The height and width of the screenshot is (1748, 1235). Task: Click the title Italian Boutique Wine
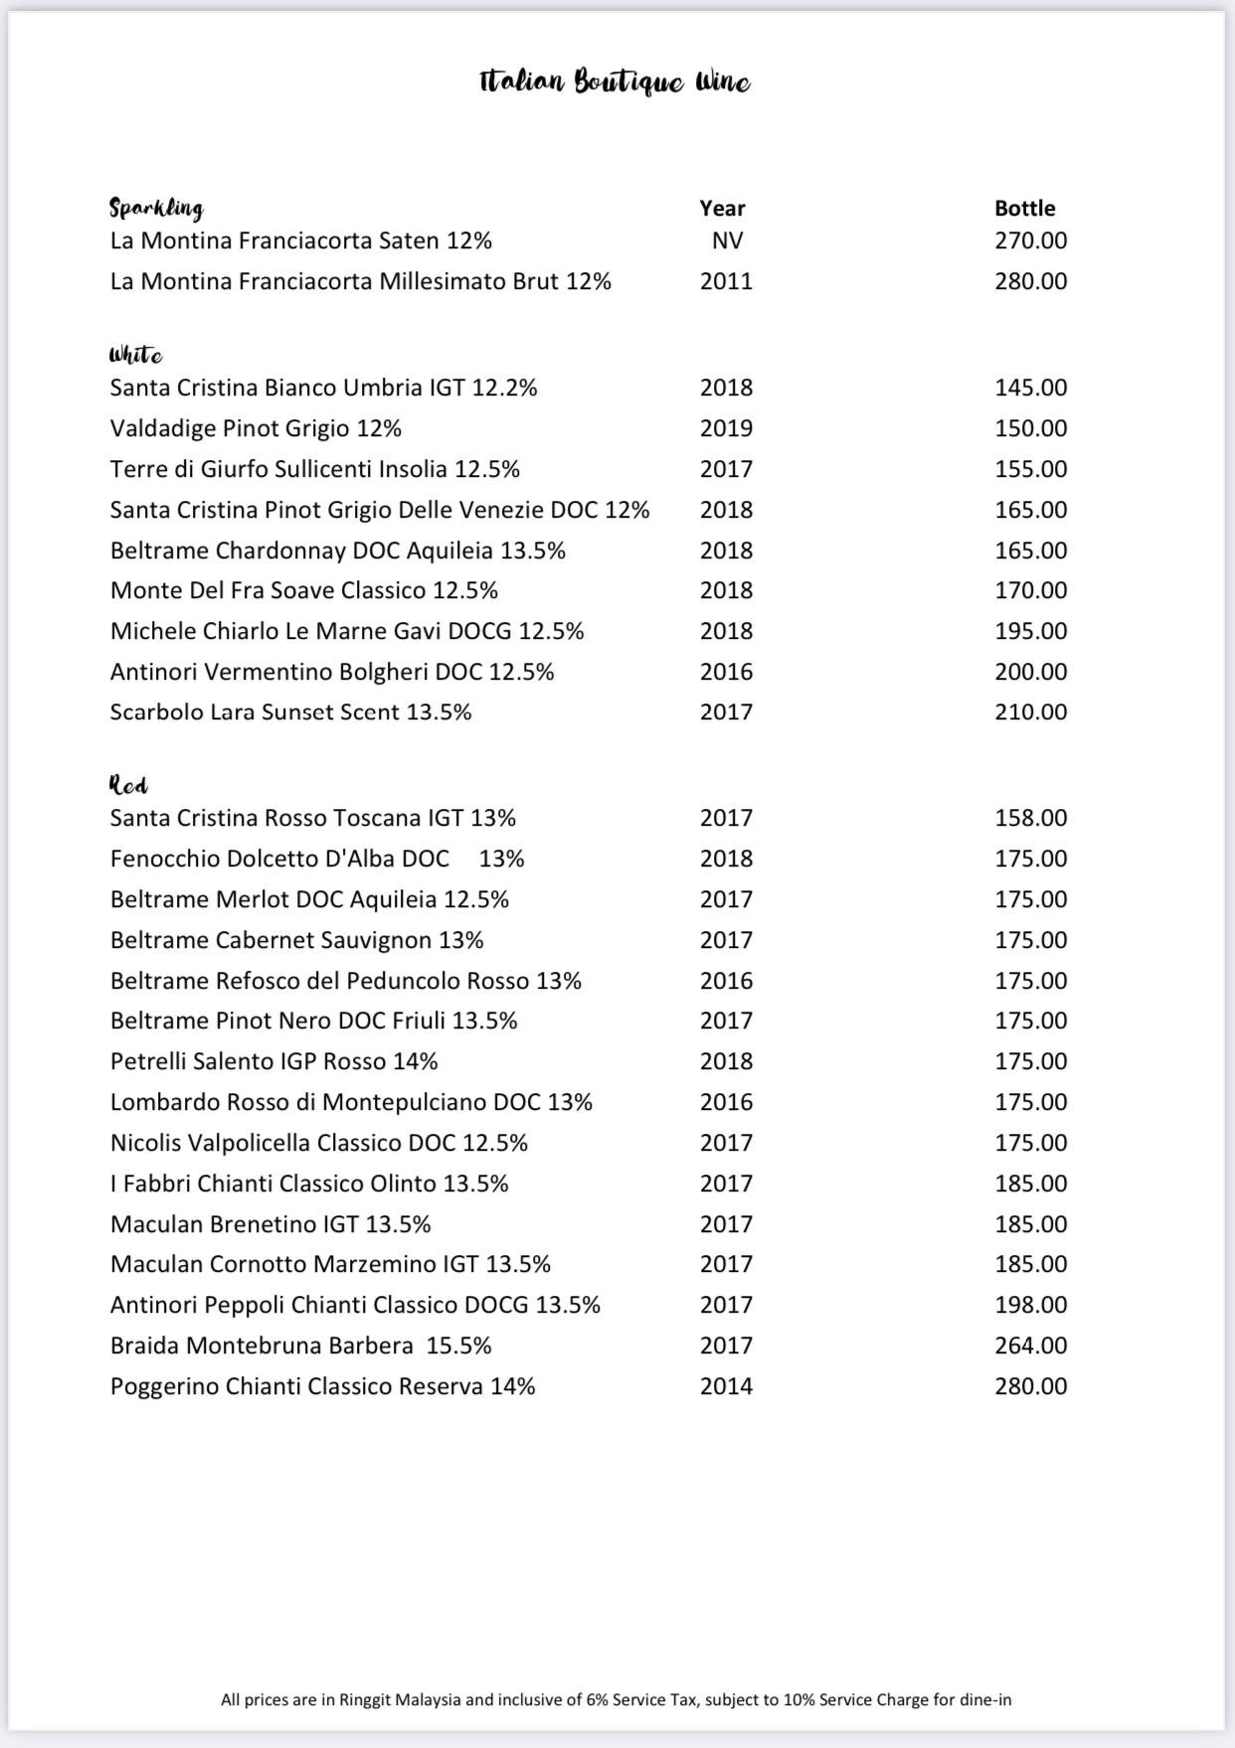coord(615,81)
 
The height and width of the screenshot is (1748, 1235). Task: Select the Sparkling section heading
coord(156,208)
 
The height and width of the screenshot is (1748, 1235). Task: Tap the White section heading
coord(136,355)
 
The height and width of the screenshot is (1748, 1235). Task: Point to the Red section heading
coord(128,785)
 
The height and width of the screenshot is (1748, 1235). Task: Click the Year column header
coord(722,208)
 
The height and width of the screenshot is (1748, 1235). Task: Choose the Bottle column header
coord(1024,208)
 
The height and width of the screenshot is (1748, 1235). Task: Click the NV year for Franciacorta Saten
coord(727,240)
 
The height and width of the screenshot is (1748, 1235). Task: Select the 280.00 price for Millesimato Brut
coord(1030,281)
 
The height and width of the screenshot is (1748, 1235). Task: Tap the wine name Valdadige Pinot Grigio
coord(256,428)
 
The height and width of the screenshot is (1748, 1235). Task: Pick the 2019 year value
coord(726,428)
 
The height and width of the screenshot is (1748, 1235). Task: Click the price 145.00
coord(1030,388)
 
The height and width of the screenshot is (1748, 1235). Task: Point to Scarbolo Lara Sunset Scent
coord(290,712)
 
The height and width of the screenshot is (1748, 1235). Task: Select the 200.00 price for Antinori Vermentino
coord(1030,672)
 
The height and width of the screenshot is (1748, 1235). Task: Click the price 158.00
coord(1030,818)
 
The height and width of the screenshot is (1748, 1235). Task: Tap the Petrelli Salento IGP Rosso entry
coord(273,1061)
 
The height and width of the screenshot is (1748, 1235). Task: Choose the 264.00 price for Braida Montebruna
coord(1030,1346)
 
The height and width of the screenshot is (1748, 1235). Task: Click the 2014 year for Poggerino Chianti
coord(726,1386)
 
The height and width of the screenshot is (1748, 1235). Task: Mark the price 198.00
coord(1030,1305)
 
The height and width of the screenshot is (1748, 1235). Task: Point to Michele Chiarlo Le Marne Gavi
coord(347,631)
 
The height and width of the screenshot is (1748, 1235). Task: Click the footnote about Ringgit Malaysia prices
coord(616,1699)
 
